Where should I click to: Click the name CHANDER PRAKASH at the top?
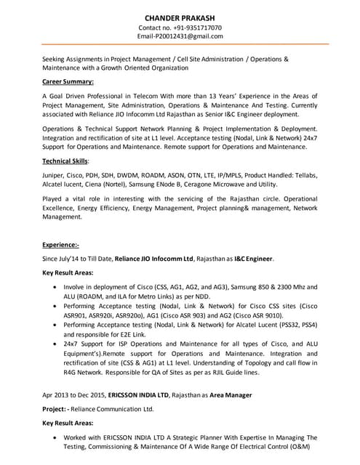180,16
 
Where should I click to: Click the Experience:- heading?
60,246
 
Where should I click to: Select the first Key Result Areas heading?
71,273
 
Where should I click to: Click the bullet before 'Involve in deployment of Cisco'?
57,288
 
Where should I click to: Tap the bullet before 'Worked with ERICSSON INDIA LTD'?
57,438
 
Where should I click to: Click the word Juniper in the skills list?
55,175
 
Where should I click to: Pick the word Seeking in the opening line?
57,58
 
